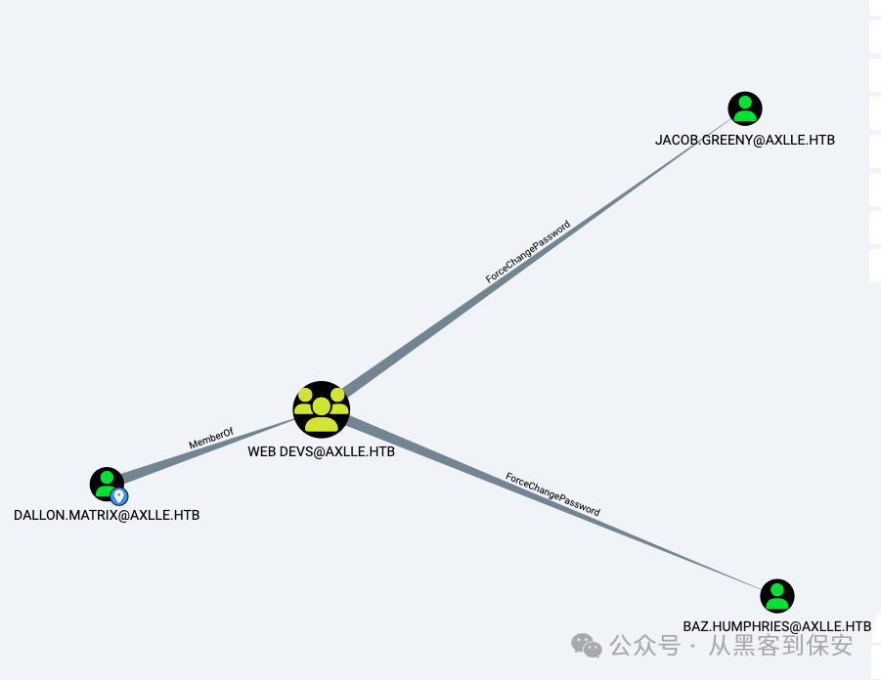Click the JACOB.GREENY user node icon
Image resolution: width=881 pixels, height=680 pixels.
tap(745, 108)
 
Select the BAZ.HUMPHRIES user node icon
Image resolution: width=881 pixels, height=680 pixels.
tap(777, 596)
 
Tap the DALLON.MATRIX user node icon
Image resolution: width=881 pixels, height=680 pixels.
tap(106, 483)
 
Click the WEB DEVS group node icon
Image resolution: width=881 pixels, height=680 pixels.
tap(321, 408)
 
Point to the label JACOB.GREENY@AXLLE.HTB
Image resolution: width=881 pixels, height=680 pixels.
tap(745, 140)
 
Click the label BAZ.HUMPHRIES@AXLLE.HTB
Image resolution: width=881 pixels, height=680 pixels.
tap(776, 625)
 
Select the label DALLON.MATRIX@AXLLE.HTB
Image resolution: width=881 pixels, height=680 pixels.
tap(107, 515)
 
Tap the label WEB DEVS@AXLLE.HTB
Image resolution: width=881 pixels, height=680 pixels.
tap(321, 452)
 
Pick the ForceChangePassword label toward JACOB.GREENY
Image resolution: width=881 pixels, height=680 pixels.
tap(527, 252)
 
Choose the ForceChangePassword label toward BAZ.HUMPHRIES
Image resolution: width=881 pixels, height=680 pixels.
tap(552, 494)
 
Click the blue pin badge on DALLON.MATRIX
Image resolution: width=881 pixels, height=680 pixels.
tap(119, 496)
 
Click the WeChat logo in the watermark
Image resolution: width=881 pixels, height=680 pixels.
tap(587, 645)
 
